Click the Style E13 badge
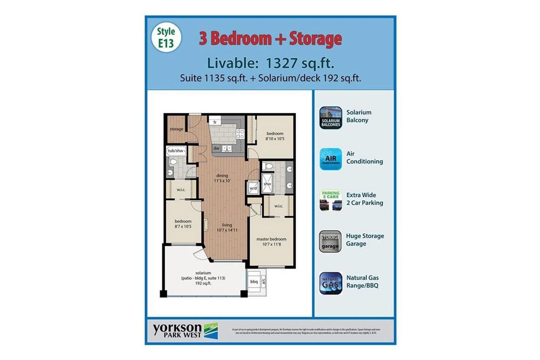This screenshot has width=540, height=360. (166, 38)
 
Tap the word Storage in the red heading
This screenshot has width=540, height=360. (315, 38)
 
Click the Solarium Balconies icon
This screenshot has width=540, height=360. (330, 118)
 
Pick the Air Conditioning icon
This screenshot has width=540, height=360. (330, 159)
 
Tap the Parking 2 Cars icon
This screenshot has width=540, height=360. (330, 200)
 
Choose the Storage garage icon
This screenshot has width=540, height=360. (330, 241)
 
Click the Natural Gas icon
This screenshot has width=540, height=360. (330, 283)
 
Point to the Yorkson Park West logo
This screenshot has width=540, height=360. (185, 330)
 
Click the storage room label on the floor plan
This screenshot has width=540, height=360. (176, 129)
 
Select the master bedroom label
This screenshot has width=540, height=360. (271, 242)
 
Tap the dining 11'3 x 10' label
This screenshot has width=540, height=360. (222, 178)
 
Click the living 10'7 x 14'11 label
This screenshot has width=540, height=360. (227, 227)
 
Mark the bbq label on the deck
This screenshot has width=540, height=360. (254, 282)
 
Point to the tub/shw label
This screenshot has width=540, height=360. (176, 151)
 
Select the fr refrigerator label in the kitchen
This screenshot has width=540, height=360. (215, 122)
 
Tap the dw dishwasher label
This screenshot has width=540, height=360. (216, 148)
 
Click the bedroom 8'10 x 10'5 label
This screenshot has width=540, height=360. (275, 136)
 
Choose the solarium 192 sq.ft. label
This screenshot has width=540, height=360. (203, 278)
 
